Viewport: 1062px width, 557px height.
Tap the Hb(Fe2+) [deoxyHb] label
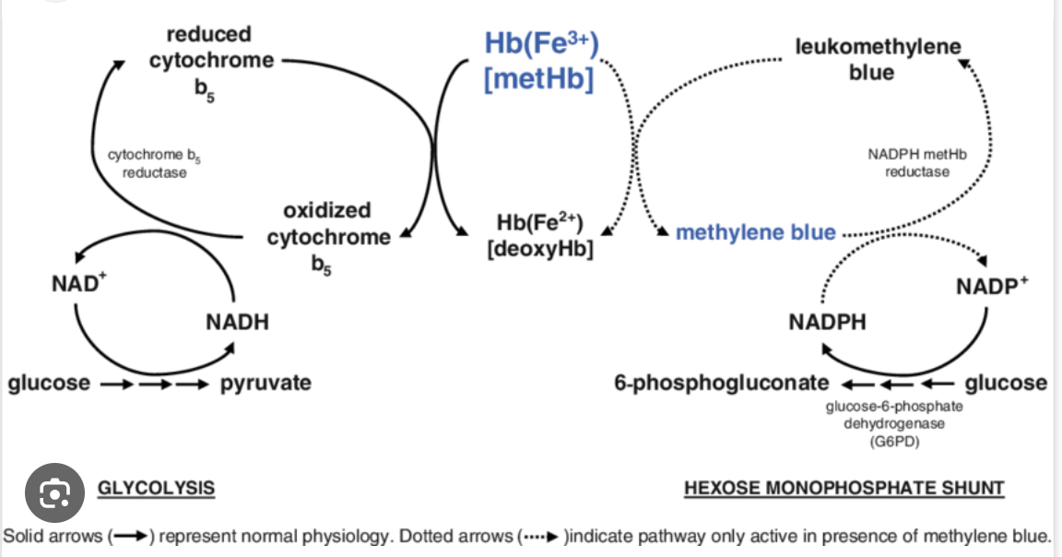540,236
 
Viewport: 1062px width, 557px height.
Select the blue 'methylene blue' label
755,232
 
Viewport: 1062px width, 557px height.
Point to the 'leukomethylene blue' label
877,58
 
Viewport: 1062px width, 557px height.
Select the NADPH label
827,323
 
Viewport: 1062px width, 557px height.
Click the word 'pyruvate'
265,383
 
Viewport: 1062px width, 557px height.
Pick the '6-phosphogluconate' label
721,383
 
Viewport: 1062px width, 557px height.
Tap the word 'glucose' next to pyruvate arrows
49,383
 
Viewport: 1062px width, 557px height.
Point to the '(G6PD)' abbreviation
893,441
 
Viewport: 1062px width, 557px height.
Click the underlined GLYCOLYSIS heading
156,488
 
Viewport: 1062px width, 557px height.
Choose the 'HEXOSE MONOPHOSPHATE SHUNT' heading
844,488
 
